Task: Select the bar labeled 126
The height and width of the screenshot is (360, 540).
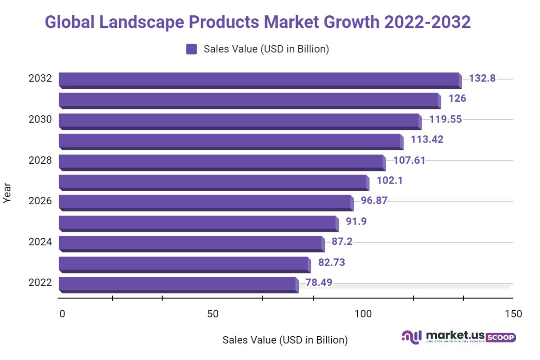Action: pos(249,100)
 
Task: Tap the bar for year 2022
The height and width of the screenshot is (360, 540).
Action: pos(178,284)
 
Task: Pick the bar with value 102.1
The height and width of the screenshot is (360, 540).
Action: pos(214,182)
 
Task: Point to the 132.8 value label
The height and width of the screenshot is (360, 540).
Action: pos(482,78)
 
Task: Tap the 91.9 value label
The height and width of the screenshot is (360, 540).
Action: pos(356,221)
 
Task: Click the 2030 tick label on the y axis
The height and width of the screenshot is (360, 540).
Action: pos(40,119)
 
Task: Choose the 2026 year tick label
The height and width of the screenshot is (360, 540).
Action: pos(40,201)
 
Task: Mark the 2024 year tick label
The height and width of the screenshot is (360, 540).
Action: pos(40,242)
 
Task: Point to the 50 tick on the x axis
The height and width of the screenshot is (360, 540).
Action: pos(213,314)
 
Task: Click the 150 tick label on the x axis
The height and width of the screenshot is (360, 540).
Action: pos(513,314)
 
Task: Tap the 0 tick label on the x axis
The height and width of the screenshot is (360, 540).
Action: pos(62,314)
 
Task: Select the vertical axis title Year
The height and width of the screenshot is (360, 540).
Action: pos(7,193)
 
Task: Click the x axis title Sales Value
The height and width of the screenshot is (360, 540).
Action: pos(285,340)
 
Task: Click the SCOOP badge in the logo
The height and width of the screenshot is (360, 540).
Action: pos(501,337)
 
